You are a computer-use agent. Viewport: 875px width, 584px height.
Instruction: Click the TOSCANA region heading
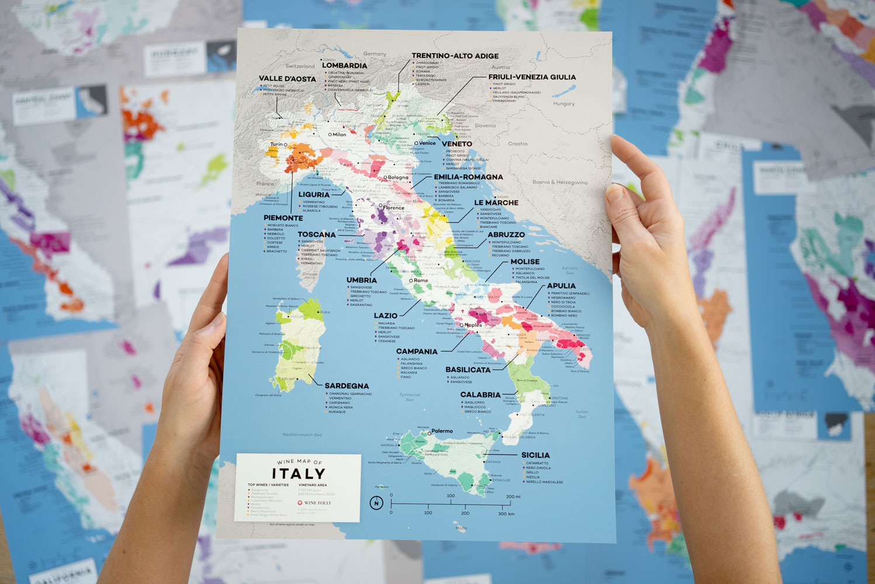pyautogui.click(x=316, y=235)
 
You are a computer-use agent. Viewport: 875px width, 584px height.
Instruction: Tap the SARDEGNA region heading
pyautogui.click(x=347, y=386)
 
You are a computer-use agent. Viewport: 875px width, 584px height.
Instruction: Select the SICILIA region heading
pyautogui.click(x=535, y=455)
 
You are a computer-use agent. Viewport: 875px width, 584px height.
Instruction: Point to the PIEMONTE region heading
pyautogui.click(x=283, y=218)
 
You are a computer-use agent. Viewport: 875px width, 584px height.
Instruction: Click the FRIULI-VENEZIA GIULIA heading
pyautogui.click(x=532, y=77)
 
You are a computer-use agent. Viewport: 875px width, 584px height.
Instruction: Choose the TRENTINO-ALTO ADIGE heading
pyautogui.click(x=455, y=56)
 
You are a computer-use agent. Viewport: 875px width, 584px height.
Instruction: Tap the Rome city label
pyautogui.click(x=421, y=280)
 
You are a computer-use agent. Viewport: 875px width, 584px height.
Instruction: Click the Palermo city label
pyautogui.click(x=442, y=431)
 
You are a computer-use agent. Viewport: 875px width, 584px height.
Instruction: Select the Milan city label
pyautogui.click(x=339, y=134)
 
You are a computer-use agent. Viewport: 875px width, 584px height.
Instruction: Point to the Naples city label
pyautogui.click(x=473, y=325)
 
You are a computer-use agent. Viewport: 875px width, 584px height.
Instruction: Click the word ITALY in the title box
pyautogui.click(x=298, y=474)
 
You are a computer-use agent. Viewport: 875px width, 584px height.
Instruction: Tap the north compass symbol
pyautogui.click(x=376, y=503)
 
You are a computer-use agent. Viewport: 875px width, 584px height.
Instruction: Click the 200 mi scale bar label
pyautogui.click(x=513, y=496)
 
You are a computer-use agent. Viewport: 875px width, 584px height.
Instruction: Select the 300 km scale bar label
pyautogui.click(x=506, y=513)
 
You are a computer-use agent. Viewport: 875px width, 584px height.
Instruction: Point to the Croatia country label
pyautogui.click(x=517, y=144)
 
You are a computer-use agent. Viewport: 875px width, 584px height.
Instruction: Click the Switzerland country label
pyautogui.click(x=300, y=67)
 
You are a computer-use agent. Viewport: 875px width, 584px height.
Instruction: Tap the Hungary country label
pyautogui.click(x=563, y=104)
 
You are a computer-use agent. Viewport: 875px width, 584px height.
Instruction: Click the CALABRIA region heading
pyautogui.click(x=480, y=395)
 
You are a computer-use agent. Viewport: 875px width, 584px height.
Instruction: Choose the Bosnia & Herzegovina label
pyautogui.click(x=559, y=182)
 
